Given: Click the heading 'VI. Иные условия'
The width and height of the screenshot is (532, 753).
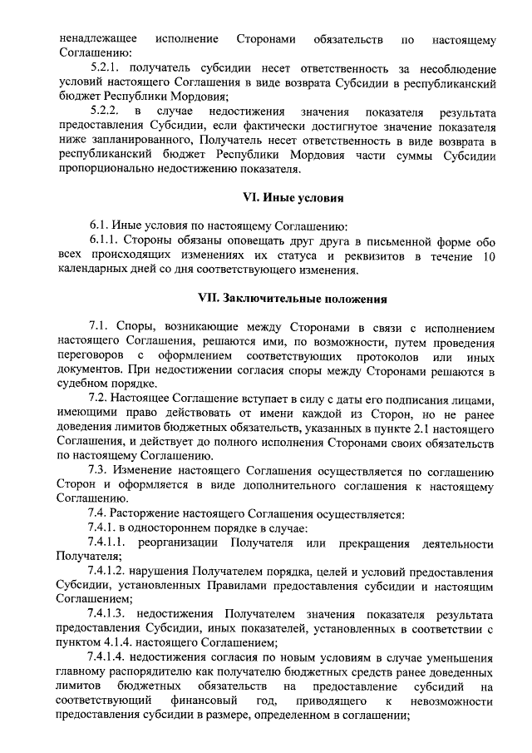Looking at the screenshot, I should (292, 198).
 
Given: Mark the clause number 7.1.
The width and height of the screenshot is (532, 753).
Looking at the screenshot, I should (99, 326).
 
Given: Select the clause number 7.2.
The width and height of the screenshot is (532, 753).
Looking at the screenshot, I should (99, 399).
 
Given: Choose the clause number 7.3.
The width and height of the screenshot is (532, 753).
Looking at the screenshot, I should (99, 471).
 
